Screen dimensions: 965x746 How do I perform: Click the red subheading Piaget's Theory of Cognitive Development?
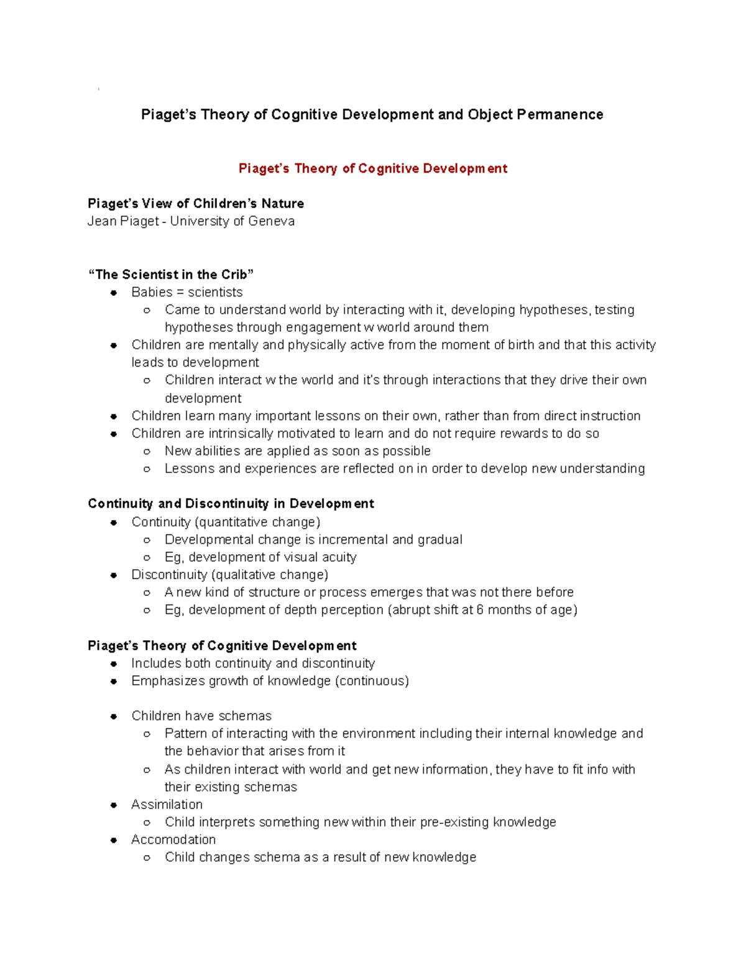pyautogui.click(x=373, y=168)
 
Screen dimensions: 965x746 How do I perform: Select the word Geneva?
pyautogui.click(x=271, y=221)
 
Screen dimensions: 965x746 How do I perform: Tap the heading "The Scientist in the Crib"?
pyautogui.click(x=171, y=275)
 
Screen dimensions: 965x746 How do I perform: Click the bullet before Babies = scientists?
pyautogui.click(x=114, y=293)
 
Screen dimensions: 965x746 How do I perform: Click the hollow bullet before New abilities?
pyautogui.click(x=147, y=451)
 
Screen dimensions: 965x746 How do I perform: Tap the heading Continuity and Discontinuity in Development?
pyautogui.click(x=231, y=503)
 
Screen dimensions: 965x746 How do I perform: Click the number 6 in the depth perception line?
pyautogui.click(x=479, y=610)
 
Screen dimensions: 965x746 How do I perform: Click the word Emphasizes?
pyautogui.click(x=168, y=680)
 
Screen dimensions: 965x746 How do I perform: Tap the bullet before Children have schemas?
pyautogui.click(x=114, y=716)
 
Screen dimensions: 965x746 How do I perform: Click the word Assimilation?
pyautogui.click(x=167, y=804)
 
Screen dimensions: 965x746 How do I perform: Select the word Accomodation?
pyautogui.click(x=173, y=839)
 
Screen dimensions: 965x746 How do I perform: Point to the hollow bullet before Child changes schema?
pyautogui.click(x=147, y=858)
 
